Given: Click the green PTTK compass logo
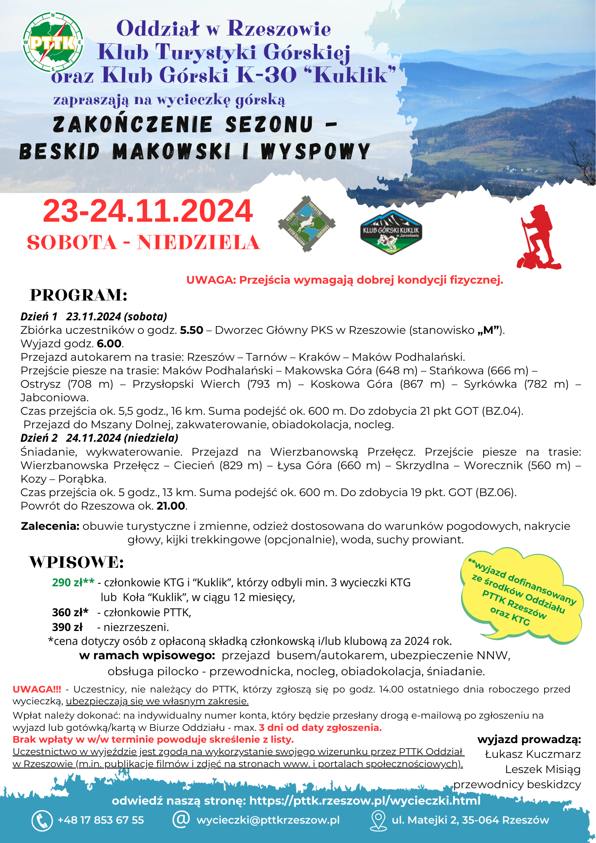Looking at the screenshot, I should (53, 42).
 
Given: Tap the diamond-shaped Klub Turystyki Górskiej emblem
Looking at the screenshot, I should (306, 224).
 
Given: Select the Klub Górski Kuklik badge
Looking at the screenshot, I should (391, 232).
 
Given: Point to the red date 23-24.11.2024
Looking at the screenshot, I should (148, 211).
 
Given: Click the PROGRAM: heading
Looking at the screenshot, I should (78, 295).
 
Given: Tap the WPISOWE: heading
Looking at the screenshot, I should (76, 562).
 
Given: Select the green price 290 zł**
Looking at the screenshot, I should (73, 583).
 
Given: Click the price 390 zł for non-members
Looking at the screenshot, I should (67, 627).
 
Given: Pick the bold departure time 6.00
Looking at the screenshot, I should (109, 344).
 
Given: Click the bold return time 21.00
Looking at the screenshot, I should (171, 506).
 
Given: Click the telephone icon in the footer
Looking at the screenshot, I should (42, 820).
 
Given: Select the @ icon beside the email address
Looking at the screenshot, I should (181, 819).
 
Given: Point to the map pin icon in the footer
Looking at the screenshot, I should (378, 821).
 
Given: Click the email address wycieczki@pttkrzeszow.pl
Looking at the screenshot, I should (268, 820).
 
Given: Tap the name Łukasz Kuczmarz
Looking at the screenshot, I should (533, 754).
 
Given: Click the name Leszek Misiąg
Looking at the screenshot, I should (543, 769).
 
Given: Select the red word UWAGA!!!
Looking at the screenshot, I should (37, 689).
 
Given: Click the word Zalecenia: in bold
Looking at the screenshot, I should (50, 526).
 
